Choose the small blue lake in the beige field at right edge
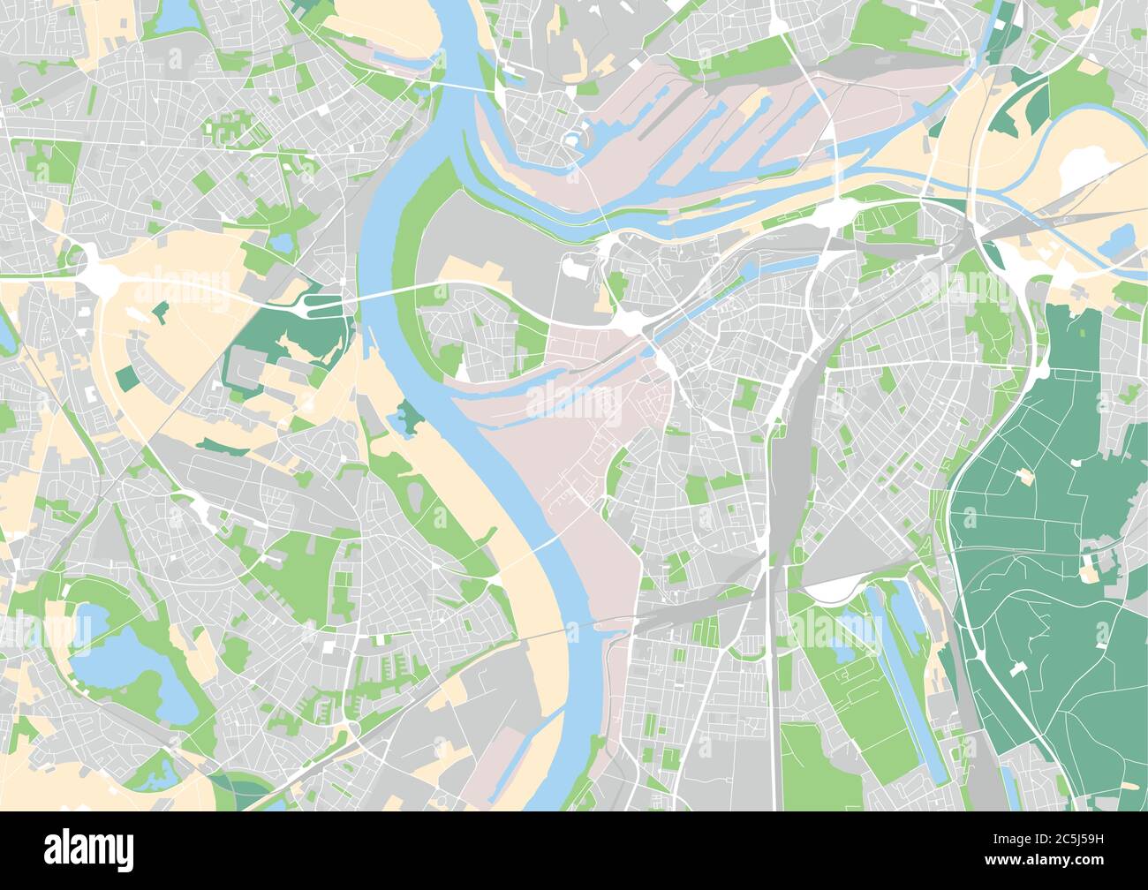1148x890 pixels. click(1120, 238)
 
